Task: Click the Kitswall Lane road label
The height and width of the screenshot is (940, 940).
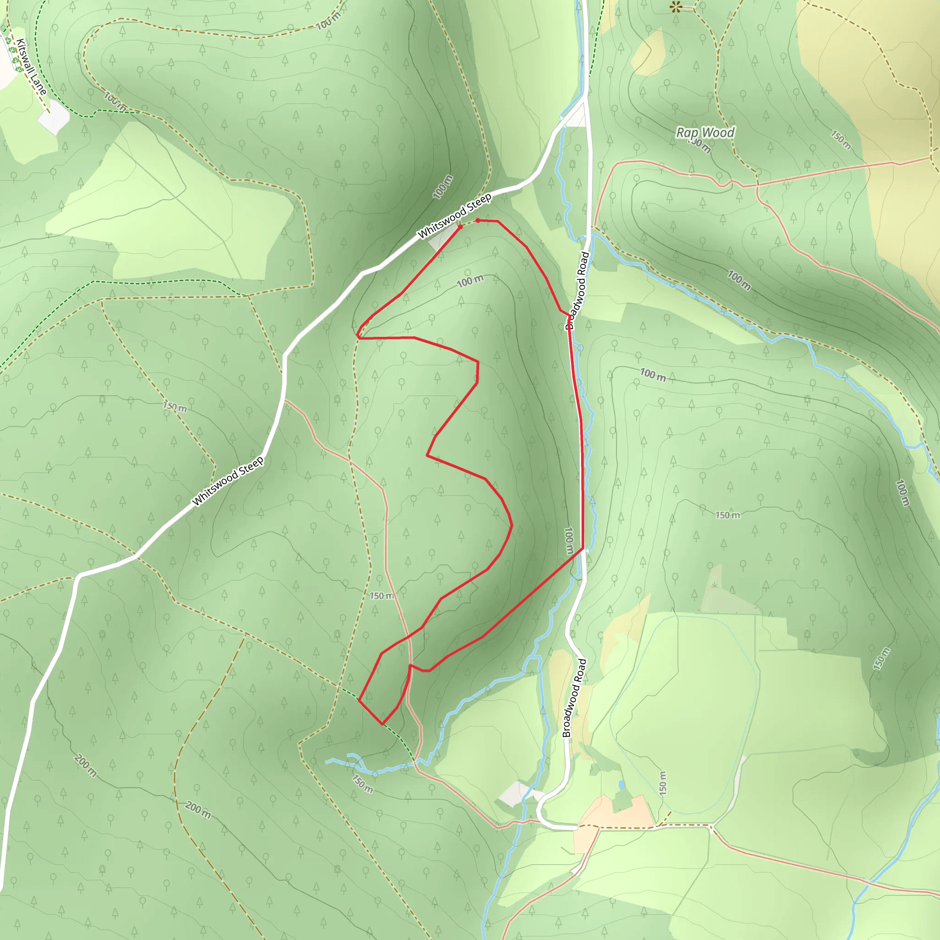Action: click(x=31, y=67)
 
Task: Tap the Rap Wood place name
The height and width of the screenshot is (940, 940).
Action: click(x=705, y=132)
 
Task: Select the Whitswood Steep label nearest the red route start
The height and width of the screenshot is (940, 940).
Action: click(x=454, y=216)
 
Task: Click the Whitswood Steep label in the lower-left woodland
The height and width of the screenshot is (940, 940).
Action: click(x=228, y=481)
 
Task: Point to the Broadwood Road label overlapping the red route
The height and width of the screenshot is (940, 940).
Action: click(x=577, y=291)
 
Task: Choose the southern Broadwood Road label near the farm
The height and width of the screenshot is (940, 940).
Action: click(x=574, y=698)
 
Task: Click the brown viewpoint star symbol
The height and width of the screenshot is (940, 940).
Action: click(x=676, y=7)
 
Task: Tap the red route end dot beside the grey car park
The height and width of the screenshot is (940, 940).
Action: click(x=460, y=227)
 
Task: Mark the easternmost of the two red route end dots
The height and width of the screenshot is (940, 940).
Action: click(x=478, y=220)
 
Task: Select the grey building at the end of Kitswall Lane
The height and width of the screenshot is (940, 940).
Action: click(x=54, y=117)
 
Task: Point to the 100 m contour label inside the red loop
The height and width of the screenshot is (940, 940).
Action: click(x=470, y=281)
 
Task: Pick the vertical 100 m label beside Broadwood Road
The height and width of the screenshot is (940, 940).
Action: click(x=568, y=541)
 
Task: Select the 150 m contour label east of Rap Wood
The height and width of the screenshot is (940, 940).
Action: click(x=841, y=140)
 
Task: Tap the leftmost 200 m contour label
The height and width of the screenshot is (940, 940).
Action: click(x=86, y=765)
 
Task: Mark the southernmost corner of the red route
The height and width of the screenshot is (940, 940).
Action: click(x=382, y=724)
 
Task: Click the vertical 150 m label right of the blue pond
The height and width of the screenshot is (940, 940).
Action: click(x=662, y=783)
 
